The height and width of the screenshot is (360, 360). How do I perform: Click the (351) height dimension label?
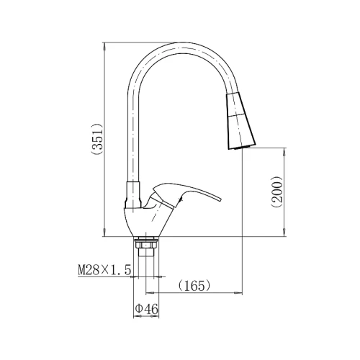[x=97, y=140]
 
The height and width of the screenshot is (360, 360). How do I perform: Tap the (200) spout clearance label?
[x=277, y=192]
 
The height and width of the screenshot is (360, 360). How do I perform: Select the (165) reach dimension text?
[x=194, y=286]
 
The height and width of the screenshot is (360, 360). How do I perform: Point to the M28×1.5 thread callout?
[x=104, y=270]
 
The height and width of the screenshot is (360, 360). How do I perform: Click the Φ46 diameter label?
[x=146, y=309]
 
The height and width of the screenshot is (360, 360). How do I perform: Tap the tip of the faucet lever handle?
[x=220, y=199]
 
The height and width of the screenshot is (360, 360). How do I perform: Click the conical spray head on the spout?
[x=240, y=121]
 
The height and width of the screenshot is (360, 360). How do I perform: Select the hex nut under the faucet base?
[x=146, y=245]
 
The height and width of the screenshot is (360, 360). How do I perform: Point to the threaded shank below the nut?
[x=146, y=253]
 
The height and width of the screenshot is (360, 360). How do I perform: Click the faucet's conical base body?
[x=144, y=222]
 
